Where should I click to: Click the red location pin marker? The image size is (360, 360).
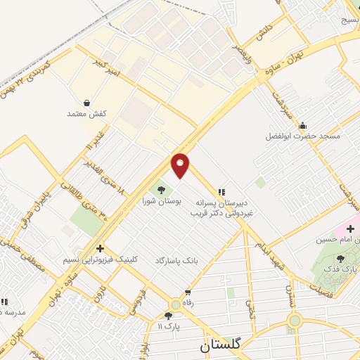click(181, 165)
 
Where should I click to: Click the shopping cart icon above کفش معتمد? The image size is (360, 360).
click(86, 103)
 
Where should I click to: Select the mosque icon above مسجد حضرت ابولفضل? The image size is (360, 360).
click(302, 126)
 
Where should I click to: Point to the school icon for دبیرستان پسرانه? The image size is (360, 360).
click(221, 191)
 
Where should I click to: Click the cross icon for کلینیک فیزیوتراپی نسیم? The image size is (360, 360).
click(101, 248)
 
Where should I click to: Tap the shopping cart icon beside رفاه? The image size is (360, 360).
click(187, 292)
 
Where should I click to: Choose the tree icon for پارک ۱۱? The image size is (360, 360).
click(169, 316)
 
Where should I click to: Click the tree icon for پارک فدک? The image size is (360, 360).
click(340, 259)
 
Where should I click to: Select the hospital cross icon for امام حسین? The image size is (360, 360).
click(351, 229)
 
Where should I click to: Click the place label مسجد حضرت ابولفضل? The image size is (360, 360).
click(303, 135)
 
